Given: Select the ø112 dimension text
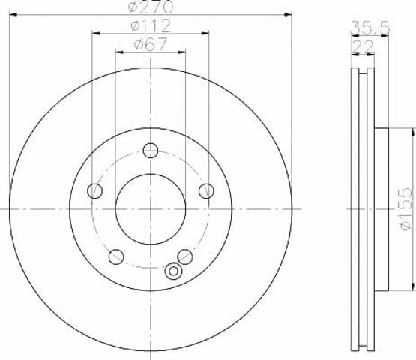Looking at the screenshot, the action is [x=151, y=25].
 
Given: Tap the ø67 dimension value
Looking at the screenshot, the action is [x=151, y=44].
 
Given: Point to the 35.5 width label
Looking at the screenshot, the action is [x=370, y=28].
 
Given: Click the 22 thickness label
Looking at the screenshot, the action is [x=363, y=46].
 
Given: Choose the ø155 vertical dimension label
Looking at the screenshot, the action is [x=406, y=209].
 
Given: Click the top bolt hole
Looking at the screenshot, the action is [x=151, y=151].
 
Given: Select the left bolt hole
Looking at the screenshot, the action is [x=94, y=191].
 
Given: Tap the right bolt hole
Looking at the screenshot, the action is [x=206, y=191].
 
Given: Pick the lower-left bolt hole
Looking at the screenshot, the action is [x=116, y=256].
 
